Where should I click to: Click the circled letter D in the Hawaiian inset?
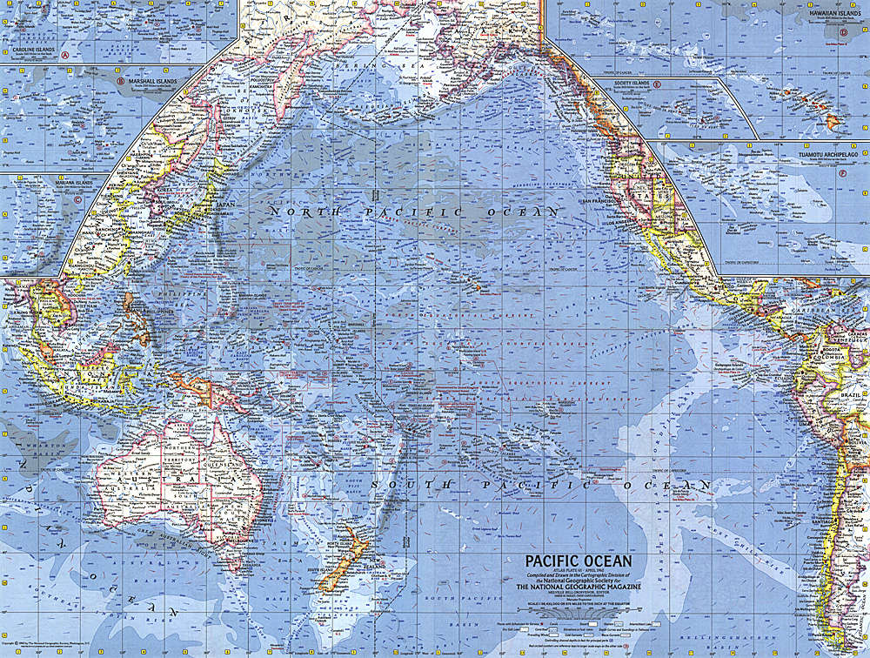click(843, 33)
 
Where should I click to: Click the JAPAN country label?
click(224, 205)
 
